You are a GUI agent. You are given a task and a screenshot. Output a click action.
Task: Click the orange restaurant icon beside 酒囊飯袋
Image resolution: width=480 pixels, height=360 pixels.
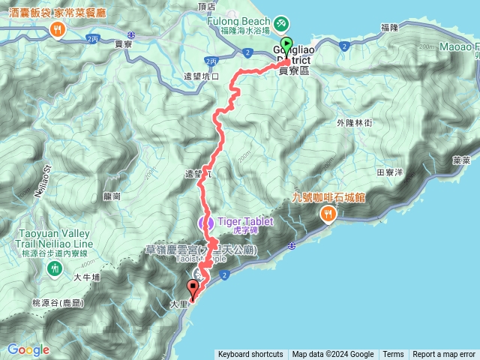tap(58, 29)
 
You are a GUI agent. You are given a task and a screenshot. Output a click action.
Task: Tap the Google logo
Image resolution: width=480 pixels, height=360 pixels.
tap(28, 349)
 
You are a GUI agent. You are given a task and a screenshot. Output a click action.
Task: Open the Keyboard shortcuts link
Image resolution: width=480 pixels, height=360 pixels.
tap(250, 355)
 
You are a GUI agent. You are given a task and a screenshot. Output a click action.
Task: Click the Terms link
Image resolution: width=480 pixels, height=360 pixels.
tap(393, 355)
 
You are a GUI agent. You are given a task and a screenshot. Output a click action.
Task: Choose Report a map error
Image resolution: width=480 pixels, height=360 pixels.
tap(444, 355)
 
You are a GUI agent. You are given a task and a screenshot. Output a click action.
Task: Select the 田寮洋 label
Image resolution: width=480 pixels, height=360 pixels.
tap(390, 172)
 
